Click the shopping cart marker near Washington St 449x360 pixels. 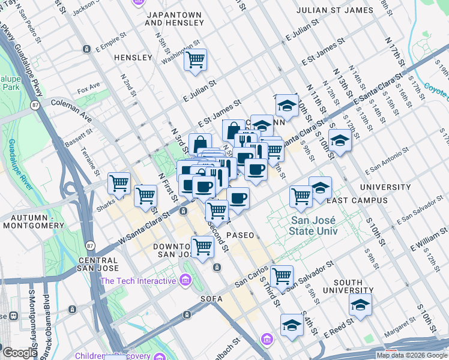pyautogui.click(x=195, y=60)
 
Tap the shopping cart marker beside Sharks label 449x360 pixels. pyautogui.click(x=119, y=184)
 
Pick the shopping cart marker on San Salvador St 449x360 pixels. pyautogui.click(x=282, y=276)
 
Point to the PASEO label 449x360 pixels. pyautogui.click(x=240, y=235)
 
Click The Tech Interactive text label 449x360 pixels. pyautogui.click(x=137, y=281)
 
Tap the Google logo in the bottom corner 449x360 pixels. pyautogui.click(x=20, y=353)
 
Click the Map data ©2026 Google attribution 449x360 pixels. pyautogui.click(x=412, y=355)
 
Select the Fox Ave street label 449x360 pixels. pyautogui.click(x=88, y=87)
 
